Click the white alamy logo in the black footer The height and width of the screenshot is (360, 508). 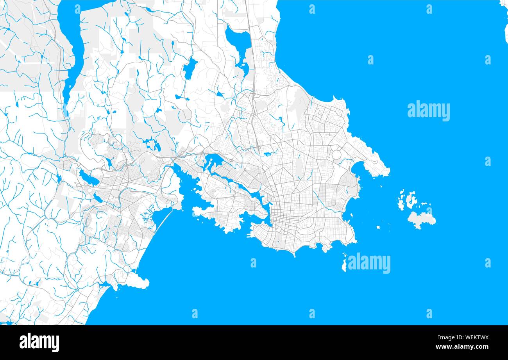tap(39, 342)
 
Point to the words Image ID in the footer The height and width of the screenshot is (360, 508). tap(445, 338)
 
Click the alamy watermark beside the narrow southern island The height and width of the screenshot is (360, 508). tap(369, 263)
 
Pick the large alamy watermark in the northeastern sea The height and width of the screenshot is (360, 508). tap(428, 111)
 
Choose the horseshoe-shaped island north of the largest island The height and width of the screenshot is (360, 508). tap(410, 200)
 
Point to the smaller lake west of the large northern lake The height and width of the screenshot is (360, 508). tap(190, 68)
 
